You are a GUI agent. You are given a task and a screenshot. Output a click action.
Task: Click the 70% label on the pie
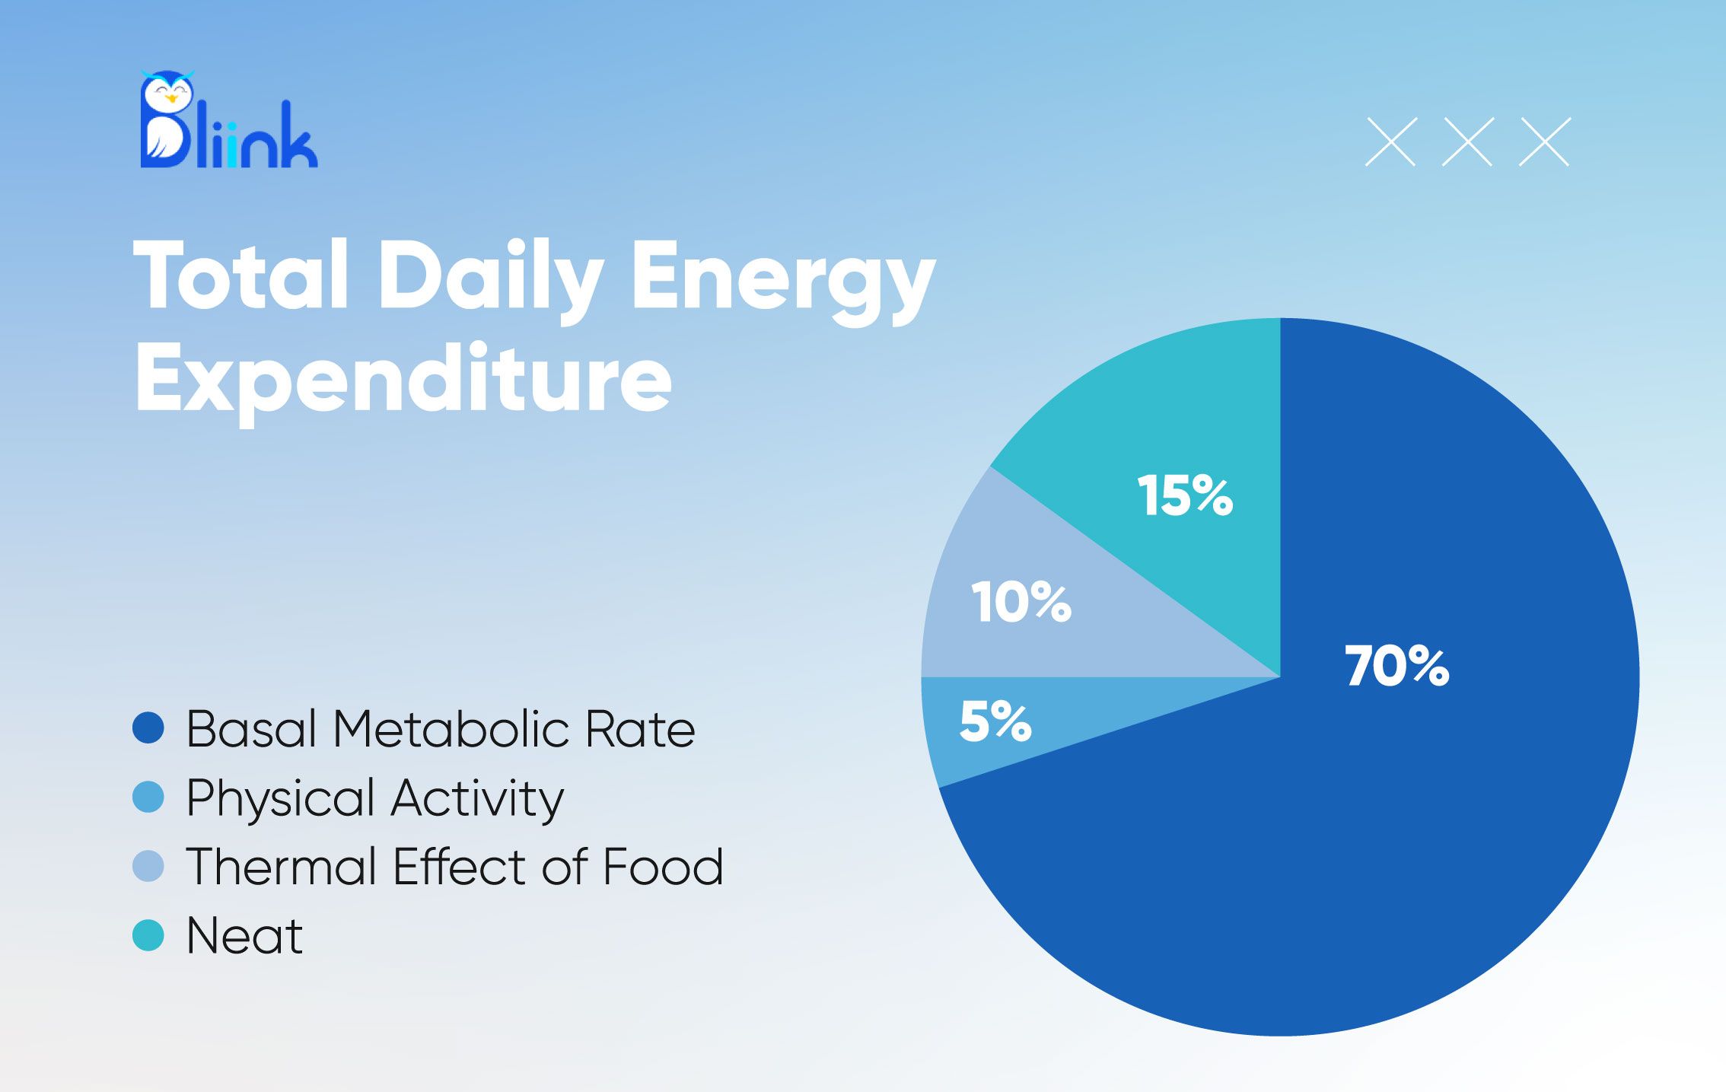pos(1396,666)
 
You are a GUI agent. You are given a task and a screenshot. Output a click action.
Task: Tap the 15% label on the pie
pos(1185,495)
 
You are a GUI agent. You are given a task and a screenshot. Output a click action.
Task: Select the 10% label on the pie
pos(1021,602)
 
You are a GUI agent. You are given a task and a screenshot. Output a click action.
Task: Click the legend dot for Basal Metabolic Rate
pos(148,728)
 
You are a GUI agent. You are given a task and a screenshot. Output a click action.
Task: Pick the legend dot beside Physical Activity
pos(148,797)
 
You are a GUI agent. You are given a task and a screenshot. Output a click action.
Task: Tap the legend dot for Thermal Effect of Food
pos(148,866)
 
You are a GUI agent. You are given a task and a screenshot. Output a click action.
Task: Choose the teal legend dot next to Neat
pos(148,935)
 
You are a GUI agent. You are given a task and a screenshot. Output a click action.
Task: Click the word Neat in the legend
pos(244,935)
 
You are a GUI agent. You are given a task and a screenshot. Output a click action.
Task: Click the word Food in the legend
pos(662,867)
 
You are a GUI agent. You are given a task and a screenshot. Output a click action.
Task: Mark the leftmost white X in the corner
pos(1390,142)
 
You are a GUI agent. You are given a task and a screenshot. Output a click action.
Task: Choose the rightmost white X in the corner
pos(1544,142)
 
